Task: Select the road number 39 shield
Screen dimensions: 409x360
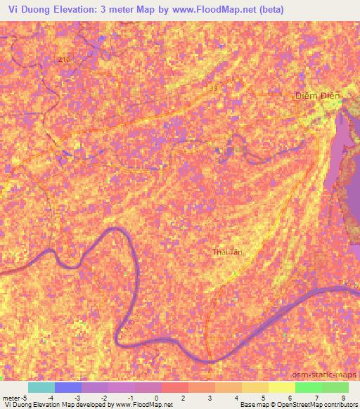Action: pos(212,88)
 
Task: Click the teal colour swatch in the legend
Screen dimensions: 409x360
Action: pos(41,387)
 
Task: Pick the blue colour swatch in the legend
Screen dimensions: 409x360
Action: pos(68,387)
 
